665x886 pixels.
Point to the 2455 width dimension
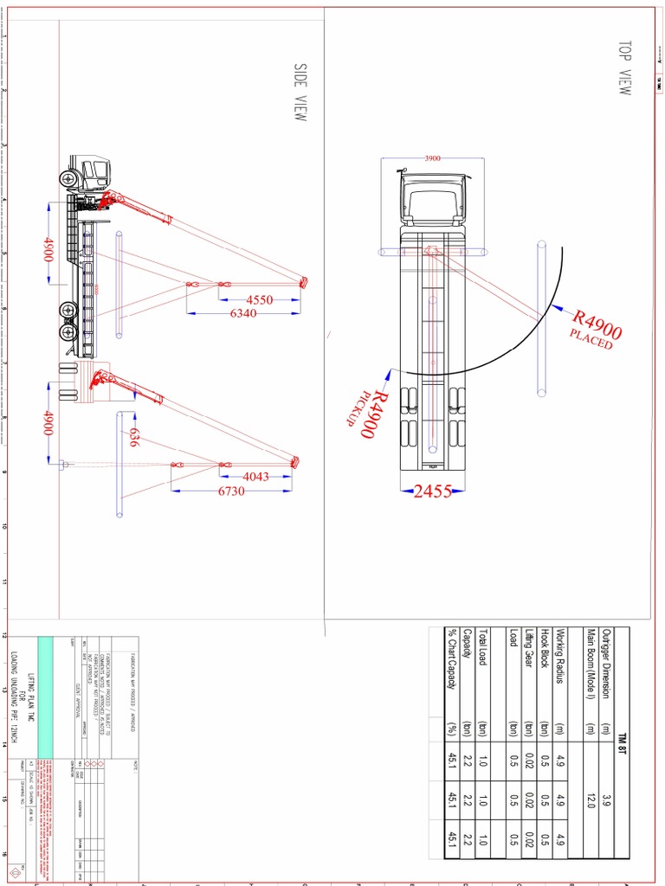(x=433, y=491)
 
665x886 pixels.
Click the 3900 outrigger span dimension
(x=433, y=158)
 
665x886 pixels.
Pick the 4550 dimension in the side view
(x=259, y=300)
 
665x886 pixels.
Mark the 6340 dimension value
(x=243, y=313)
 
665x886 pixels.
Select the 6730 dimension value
(x=231, y=491)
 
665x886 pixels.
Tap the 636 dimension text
(x=133, y=438)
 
